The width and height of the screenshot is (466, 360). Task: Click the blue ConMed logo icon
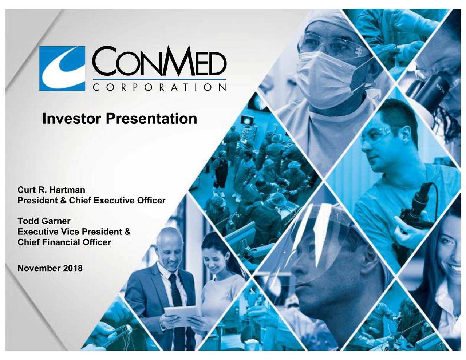[62, 68]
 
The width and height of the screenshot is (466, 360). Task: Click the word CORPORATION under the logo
[159, 88]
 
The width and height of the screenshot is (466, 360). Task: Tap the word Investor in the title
[72, 119]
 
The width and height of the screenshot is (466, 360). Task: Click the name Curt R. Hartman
[51, 190]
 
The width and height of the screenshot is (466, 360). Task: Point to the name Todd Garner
[44, 221]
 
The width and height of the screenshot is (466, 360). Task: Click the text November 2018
[50, 269]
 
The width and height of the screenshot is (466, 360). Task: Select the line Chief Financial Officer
[64, 242]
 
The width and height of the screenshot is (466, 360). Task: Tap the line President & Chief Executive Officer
[91, 201]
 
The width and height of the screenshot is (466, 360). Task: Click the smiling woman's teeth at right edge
[455, 269]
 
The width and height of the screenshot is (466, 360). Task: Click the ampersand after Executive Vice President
[127, 232]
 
